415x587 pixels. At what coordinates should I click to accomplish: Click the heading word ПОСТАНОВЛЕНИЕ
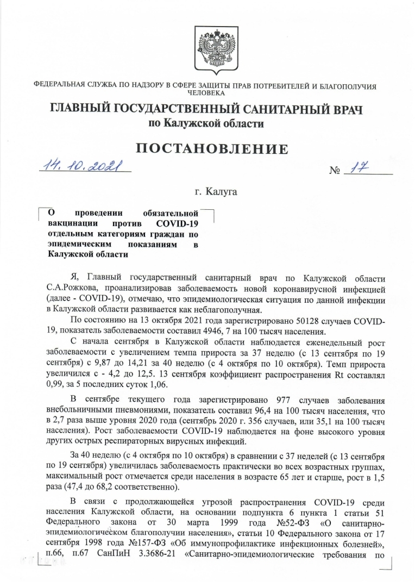[207, 148]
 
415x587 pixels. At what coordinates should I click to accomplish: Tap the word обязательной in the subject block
[170, 213]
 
